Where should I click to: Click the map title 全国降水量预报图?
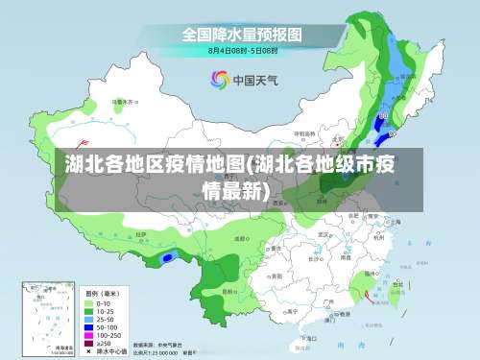tap(242, 35)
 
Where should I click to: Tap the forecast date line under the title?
tap(242, 49)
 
